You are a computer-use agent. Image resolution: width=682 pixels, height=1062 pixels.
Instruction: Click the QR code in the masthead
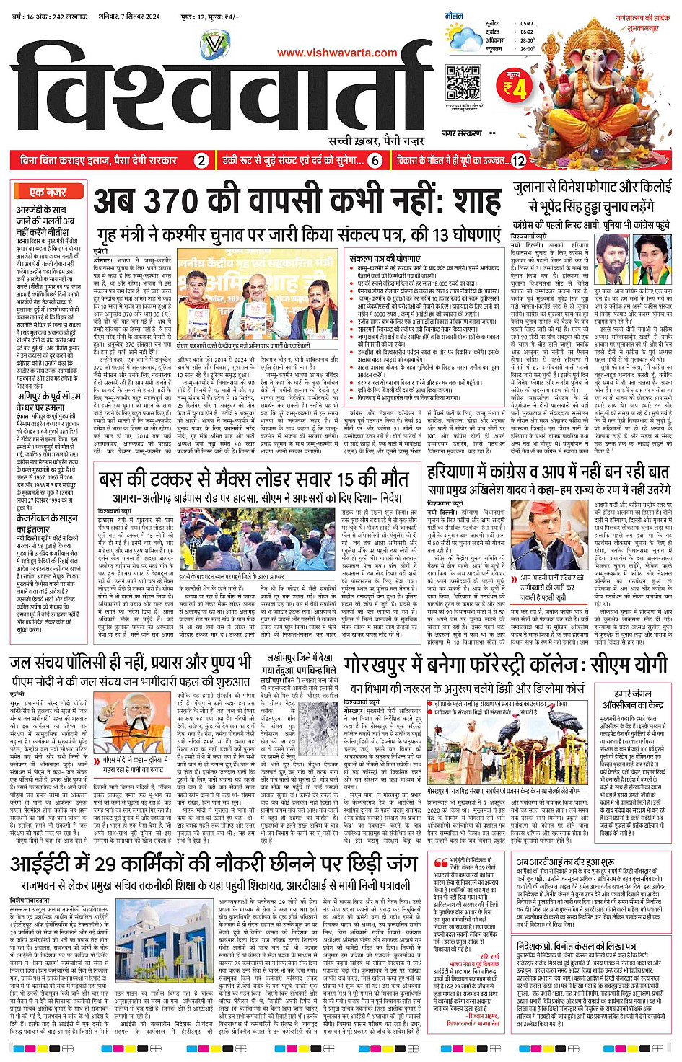[x=463, y=83]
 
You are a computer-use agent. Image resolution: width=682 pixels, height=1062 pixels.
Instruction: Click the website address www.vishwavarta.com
[x=337, y=53]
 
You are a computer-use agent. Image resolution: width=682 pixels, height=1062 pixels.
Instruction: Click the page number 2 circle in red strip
[x=202, y=161]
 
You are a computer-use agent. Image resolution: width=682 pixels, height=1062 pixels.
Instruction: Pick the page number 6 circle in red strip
[x=375, y=161]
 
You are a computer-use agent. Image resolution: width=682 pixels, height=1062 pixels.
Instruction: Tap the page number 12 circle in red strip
[x=517, y=161]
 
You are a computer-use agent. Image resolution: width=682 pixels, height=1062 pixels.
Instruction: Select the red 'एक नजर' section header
[x=48, y=192]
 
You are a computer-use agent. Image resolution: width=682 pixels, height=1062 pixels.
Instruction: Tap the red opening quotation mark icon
[x=440, y=863]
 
